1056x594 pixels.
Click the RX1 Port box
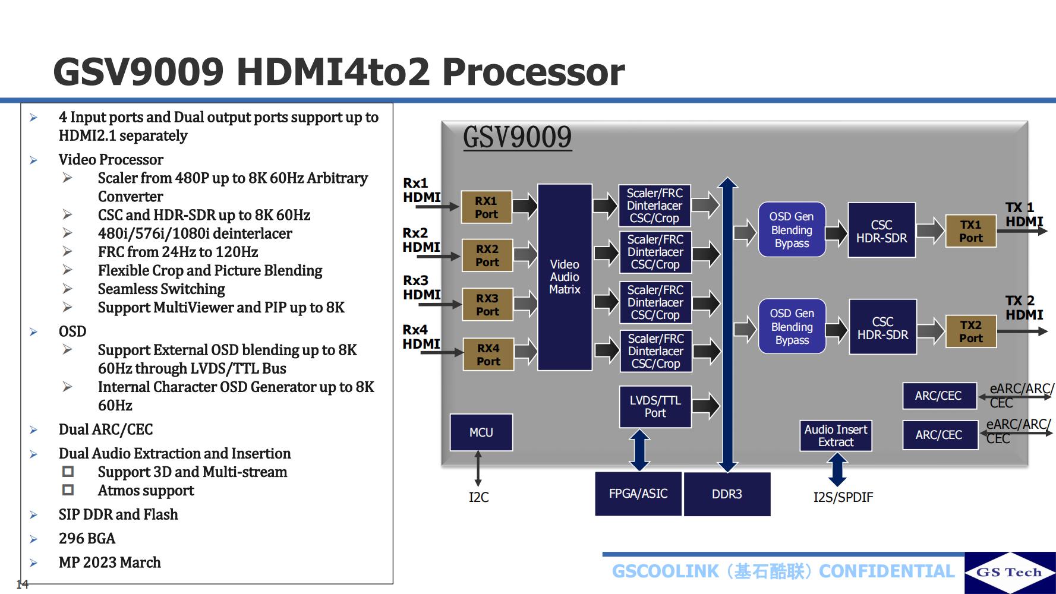[x=486, y=207]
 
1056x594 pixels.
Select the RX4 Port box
[x=488, y=355]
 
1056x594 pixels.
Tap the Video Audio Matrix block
[x=565, y=277]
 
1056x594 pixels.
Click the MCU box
[x=481, y=432]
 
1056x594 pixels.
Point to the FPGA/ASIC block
[x=638, y=494]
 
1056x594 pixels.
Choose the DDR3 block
[x=727, y=494]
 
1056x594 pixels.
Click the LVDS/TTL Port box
[x=655, y=407]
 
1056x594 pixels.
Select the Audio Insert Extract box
[x=836, y=435]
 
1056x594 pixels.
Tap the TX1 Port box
[x=970, y=231]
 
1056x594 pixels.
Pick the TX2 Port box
[x=970, y=331]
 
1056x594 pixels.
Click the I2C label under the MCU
[x=478, y=497]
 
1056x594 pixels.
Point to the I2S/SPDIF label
[x=843, y=497]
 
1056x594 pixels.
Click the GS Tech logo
[x=1009, y=572]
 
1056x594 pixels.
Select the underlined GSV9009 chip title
[x=517, y=137]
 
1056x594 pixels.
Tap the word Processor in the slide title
[x=533, y=72]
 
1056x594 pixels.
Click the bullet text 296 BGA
[x=87, y=538]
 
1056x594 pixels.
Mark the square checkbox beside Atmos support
[x=68, y=490]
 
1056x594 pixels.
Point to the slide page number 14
[x=22, y=584]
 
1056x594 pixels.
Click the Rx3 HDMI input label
[x=421, y=287]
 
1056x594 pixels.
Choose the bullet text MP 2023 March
[x=109, y=563]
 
